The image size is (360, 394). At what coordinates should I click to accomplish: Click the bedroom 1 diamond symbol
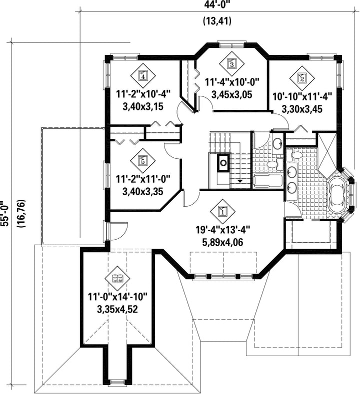tap(222, 211)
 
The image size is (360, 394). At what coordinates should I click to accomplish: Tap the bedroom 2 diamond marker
tap(301, 78)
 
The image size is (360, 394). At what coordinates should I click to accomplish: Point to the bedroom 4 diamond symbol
tap(143, 75)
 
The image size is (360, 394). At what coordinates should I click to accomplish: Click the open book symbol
tap(117, 278)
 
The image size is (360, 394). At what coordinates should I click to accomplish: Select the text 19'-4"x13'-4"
tap(222, 230)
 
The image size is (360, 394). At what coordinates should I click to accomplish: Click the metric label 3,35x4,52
tap(117, 309)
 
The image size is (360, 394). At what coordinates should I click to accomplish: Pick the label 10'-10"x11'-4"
tap(302, 96)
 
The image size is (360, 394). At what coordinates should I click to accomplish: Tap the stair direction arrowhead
tap(240, 181)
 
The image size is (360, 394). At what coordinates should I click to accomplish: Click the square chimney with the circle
tap(222, 162)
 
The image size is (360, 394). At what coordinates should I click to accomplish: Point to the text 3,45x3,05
tap(231, 95)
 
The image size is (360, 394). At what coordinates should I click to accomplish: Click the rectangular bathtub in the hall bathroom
tap(267, 180)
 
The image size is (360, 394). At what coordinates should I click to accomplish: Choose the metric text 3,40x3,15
tap(143, 106)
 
